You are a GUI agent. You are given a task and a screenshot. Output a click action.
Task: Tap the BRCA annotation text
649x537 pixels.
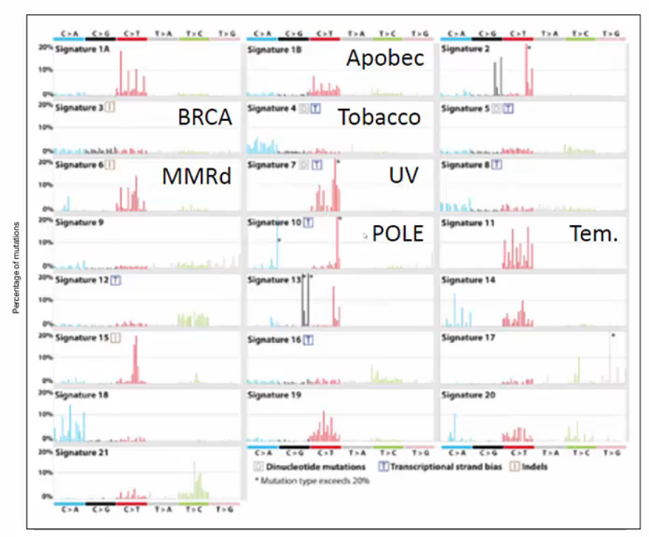(205, 117)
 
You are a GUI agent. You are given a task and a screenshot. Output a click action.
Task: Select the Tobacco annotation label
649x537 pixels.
(380, 116)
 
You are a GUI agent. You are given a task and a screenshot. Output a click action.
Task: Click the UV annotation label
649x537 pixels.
(403, 176)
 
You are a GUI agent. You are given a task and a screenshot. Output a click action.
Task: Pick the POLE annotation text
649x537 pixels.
(397, 233)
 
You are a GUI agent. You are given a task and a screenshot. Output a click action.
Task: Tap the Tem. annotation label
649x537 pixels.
(593, 233)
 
